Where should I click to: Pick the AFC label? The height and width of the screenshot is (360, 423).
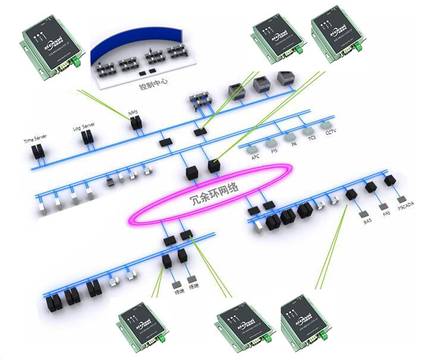point(255,156)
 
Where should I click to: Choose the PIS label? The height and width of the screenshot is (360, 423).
point(274,151)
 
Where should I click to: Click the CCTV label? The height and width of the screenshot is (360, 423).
point(331,133)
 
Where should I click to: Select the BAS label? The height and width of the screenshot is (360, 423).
point(368,221)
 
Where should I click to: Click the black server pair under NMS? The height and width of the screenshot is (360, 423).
point(136,124)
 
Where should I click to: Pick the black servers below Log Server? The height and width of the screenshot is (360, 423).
point(88,137)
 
